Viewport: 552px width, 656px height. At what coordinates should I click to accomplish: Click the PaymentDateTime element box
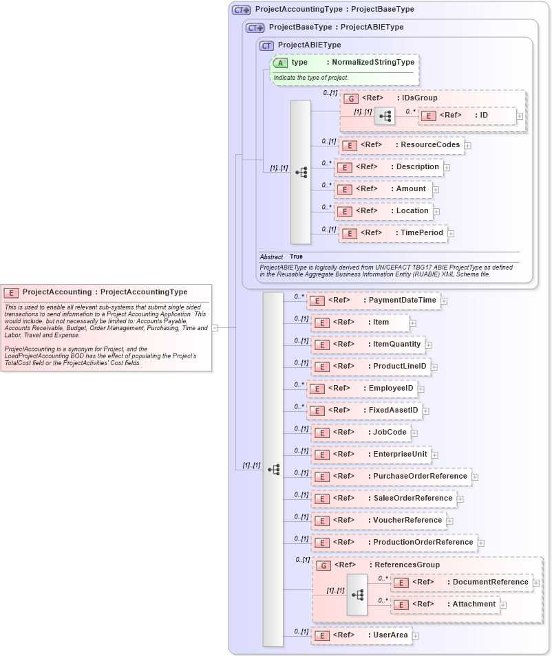click(373, 300)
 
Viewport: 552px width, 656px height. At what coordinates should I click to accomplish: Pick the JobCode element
click(361, 433)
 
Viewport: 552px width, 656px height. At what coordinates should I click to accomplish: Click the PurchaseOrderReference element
click(390, 477)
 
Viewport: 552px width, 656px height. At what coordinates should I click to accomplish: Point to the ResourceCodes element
click(401, 145)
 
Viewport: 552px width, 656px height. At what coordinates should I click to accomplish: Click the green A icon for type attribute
click(281, 63)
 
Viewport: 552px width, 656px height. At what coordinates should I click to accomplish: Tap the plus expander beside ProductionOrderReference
click(481, 543)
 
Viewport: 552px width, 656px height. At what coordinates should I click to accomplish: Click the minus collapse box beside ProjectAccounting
click(215, 328)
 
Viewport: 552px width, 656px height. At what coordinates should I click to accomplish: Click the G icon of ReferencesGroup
click(323, 565)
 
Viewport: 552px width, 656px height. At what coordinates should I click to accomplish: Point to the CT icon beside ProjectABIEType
click(266, 45)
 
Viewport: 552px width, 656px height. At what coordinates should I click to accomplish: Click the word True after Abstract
click(296, 257)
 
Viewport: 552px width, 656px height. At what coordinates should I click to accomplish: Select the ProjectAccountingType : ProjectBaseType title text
click(335, 10)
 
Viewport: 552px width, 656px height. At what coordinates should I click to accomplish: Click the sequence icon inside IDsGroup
click(385, 116)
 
